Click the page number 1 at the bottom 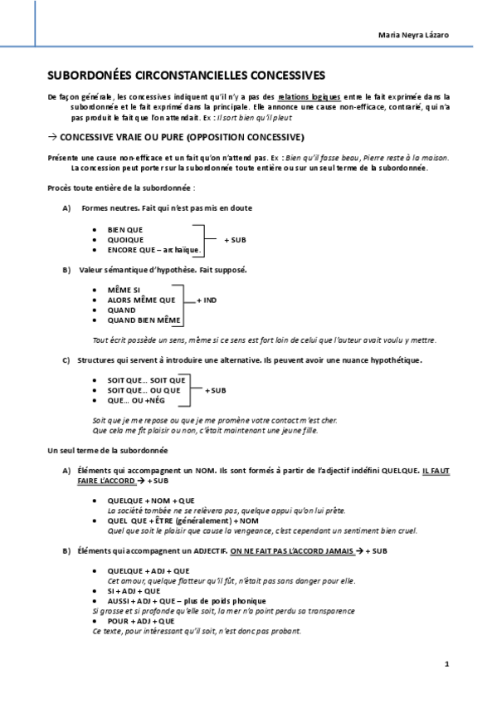pos(446,663)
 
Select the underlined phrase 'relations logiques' pos(309,97)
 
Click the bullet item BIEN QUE pos(125,228)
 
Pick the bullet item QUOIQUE pos(125,239)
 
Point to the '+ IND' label pos(207,300)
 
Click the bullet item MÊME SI pos(124,290)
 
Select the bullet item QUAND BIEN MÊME pos(144,320)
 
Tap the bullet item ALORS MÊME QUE pos(141,300)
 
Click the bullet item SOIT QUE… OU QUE pos(144,390)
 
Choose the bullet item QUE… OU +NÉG pos(136,400)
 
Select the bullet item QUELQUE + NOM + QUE pos(150,501)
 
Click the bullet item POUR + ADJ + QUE pos(140,620)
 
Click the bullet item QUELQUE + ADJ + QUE pos(149,570)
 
